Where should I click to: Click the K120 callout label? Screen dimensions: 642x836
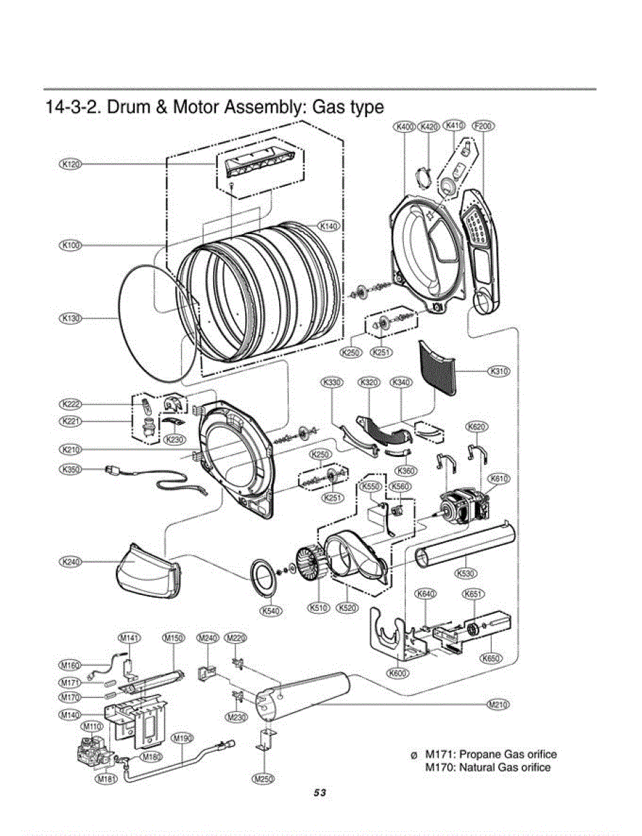[x=71, y=164]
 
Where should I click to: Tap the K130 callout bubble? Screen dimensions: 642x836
[x=71, y=318]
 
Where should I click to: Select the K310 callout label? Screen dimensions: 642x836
[x=499, y=371]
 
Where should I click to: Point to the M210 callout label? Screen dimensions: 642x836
[x=499, y=704]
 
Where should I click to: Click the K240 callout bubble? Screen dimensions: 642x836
[x=71, y=562]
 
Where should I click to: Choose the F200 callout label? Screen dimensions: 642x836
[x=484, y=126]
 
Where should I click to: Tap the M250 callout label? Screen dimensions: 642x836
[x=263, y=779]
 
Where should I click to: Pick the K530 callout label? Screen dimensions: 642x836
[x=466, y=573]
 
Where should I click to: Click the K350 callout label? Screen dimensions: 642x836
[x=71, y=470]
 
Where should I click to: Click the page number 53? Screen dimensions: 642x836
[x=320, y=794]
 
